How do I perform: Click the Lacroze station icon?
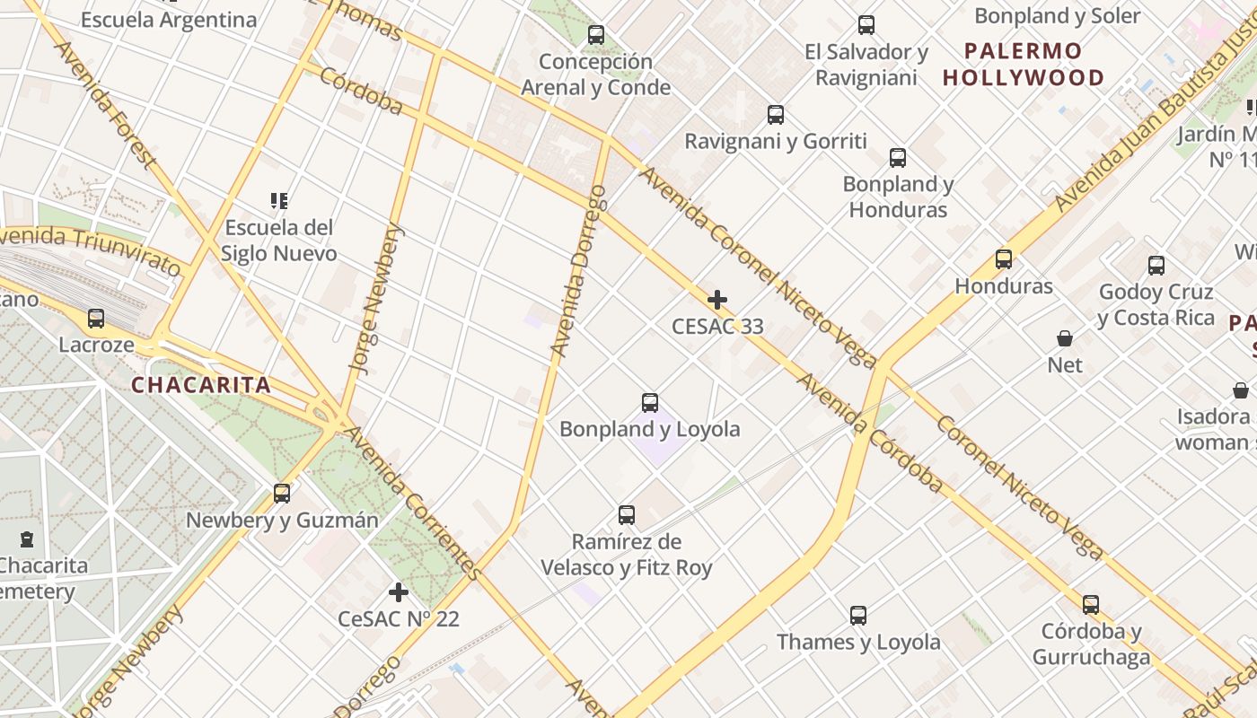tap(96, 318)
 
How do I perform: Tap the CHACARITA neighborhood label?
tap(201, 386)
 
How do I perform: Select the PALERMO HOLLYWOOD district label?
tap(1024, 64)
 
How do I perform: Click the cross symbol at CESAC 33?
tap(717, 300)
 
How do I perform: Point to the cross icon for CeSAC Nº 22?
tap(399, 592)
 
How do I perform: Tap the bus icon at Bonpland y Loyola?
tap(650, 403)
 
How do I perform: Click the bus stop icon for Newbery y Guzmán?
tap(282, 494)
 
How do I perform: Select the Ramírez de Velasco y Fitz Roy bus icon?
tap(627, 515)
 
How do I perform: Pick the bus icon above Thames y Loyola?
tap(858, 616)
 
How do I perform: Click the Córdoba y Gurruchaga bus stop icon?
tap(1091, 605)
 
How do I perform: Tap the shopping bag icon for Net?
tap(1065, 338)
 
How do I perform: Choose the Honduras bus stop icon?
tap(1004, 259)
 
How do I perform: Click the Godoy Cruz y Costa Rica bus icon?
tap(1156, 266)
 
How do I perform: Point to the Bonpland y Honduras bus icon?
tap(898, 158)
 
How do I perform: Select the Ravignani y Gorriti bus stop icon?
tap(776, 115)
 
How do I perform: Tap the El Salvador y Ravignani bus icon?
tap(866, 25)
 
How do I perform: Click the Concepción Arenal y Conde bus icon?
tap(596, 35)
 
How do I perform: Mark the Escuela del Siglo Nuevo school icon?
tap(279, 200)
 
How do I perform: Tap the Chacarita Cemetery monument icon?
tap(27, 539)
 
